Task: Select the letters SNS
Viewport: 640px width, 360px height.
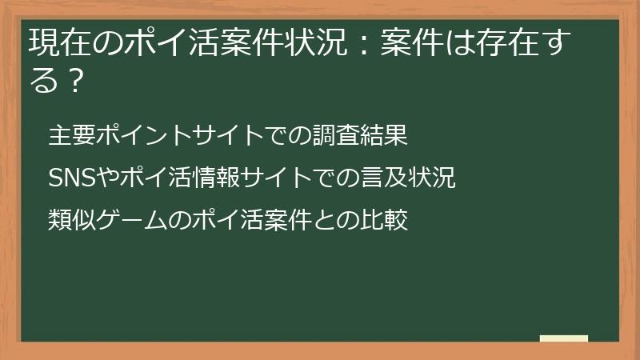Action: pos(72,178)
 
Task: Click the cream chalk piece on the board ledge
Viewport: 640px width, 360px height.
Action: pos(563,338)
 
